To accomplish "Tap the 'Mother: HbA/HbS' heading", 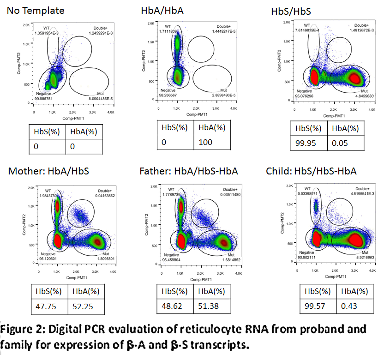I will (x=48, y=171).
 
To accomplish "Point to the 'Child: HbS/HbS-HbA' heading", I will (x=311, y=171).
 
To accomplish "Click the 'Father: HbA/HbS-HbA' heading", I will (x=188, y=171).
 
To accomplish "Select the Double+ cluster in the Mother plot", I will (x=81, y=215).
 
